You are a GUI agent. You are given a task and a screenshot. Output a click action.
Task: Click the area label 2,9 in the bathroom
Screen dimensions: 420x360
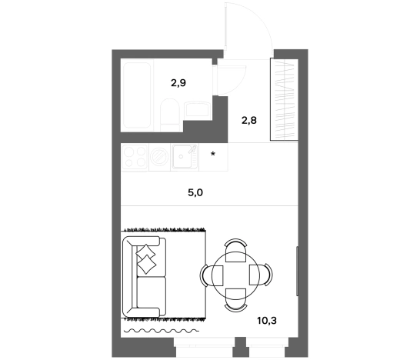tap(178, 83)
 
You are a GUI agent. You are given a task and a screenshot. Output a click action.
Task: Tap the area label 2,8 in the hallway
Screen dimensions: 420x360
tap(249, 121)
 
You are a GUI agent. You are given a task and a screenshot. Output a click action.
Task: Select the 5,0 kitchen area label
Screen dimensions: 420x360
tap(195, 192)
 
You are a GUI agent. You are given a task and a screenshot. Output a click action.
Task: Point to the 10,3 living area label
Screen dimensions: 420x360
tap(267, 320)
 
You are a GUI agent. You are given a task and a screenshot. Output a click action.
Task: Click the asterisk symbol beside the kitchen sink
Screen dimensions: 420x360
tap(213, 154)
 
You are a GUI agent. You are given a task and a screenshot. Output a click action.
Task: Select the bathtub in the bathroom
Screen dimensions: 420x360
tap(137, 95)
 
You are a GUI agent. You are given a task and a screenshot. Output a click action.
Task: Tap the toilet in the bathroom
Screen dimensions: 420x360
tap(170, 115)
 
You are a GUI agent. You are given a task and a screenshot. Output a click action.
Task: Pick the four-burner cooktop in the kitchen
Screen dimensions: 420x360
tap(135, 157)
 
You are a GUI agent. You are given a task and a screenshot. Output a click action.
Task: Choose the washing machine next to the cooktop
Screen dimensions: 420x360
tap(159, 157)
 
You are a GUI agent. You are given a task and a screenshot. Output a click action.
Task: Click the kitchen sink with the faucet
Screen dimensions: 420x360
tap(185, 157)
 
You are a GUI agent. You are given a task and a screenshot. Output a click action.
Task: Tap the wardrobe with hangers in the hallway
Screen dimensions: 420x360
tap(284, 99)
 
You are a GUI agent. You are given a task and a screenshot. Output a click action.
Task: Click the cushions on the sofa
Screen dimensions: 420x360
tap(145, 258)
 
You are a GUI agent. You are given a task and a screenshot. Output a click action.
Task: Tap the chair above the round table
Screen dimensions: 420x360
tap(235, 250)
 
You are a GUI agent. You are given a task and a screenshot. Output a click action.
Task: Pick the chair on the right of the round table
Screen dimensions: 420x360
tap(261, 275)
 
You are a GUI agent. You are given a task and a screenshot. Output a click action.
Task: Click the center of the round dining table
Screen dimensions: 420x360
tap(235, 275)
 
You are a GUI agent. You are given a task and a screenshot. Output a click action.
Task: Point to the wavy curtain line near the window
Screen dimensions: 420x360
tap(162, 331)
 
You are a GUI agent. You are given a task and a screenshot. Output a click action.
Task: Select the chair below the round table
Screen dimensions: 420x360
tap(235, 300)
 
